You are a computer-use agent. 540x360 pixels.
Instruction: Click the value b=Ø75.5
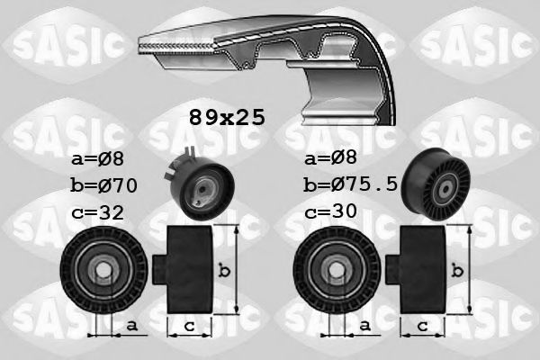pos(352,186)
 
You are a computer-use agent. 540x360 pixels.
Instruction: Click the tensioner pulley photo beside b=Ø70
pos(197,184)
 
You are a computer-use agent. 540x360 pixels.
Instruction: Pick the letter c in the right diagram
pos(420,326)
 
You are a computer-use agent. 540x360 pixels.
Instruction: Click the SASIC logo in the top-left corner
pos(58,40)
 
